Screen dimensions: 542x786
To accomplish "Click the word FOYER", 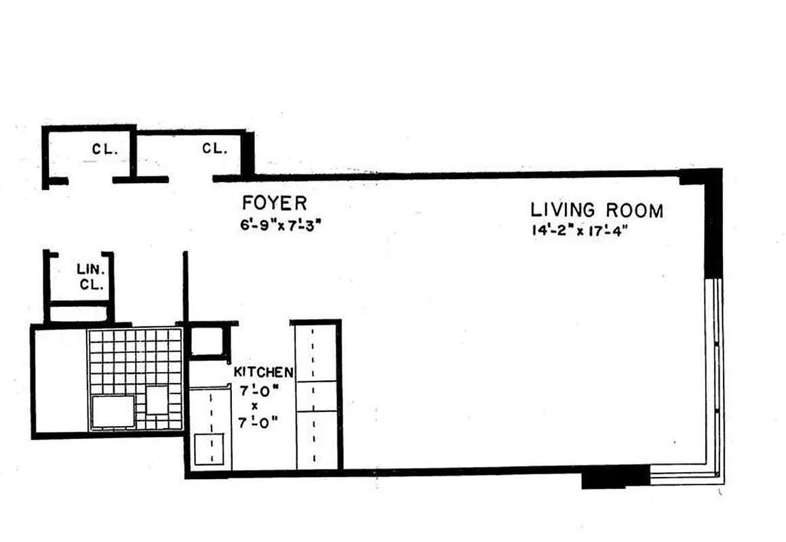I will (x=275, y=203).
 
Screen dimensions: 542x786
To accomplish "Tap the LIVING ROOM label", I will (x=597, y=210).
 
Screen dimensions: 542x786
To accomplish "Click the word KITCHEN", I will (x=263, y=372).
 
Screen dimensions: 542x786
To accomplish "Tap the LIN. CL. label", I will (x=90, y=278).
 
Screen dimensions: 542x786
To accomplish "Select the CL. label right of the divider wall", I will (x=214, y=148).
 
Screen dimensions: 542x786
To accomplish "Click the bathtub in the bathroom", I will (x=59, y=379).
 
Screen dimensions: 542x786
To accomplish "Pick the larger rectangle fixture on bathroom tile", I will (x=113, y=411).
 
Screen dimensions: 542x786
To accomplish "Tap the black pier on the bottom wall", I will (x=614, y=478).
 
